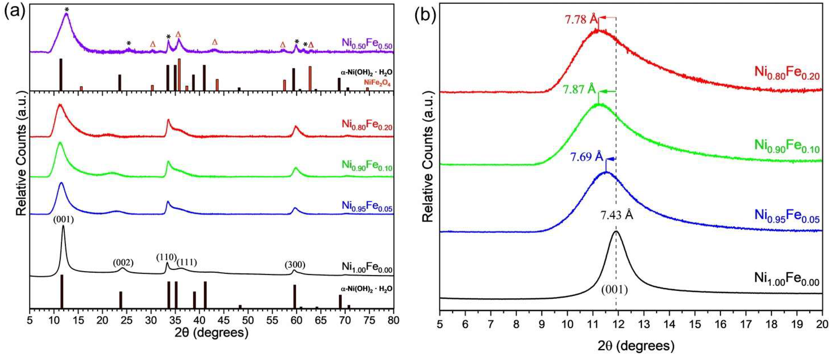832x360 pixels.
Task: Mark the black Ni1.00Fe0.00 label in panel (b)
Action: [787, 279]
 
